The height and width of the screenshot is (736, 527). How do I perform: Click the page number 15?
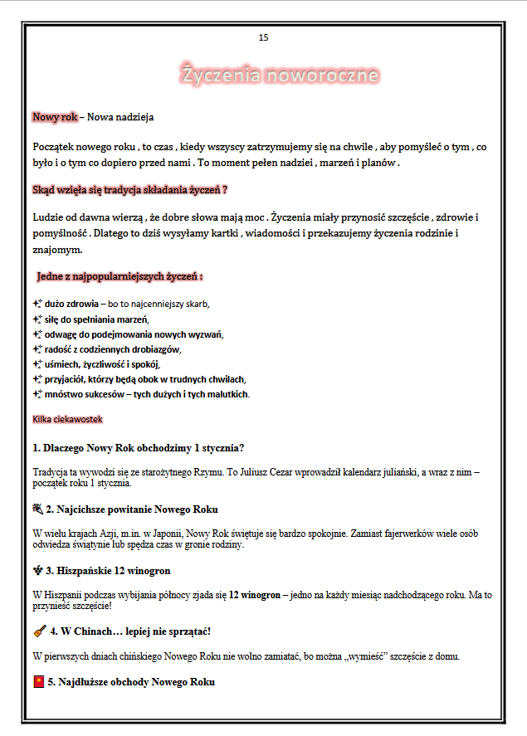(264, 37)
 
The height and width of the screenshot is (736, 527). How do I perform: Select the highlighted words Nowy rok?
(55, 117)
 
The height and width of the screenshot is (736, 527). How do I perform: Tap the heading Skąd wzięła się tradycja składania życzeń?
(129, 190)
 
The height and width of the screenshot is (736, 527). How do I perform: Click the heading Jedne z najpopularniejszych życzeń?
(120, 275)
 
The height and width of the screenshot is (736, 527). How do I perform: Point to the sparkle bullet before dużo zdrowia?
(37, 304)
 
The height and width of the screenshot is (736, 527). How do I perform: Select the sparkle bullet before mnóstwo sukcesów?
(37, 394)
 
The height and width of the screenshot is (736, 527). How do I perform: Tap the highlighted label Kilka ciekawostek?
(67, 420)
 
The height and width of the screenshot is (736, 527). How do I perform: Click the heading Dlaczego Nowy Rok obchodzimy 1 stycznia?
(139, 448)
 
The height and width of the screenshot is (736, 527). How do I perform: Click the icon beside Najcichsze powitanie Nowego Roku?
(37, 509)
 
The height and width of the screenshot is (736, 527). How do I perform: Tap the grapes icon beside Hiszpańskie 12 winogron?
(37, 571)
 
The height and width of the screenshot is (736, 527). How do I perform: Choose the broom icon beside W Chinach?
(38, 631)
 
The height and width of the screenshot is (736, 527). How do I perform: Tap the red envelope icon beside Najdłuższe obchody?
(38, 682)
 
